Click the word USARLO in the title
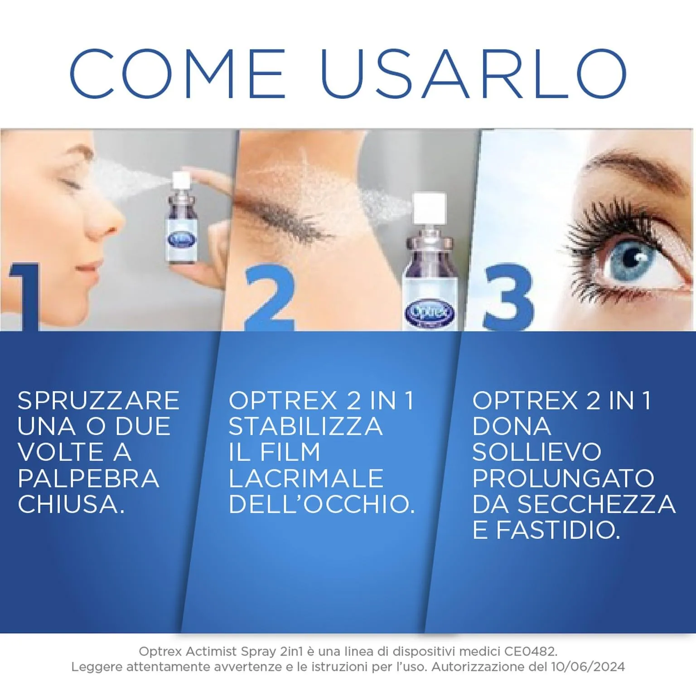pos(474,74)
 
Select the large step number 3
pos(508,297)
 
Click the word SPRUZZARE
pos(98,401)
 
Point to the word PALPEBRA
pos(88,478)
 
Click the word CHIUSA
pos(71,504)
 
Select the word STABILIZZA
pos(305,426)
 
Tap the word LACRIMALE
pos(306,478)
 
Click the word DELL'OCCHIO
pos(322,504)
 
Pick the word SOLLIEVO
pos(536,452)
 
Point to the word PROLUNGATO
pos(563,478)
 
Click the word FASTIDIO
pos(558,530)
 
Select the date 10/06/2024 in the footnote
pos(588,667)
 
